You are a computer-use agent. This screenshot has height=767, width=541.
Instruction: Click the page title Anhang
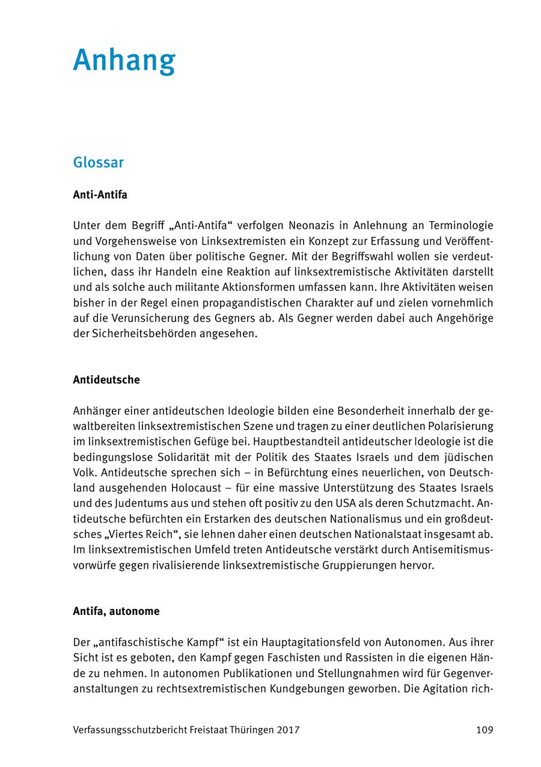point(124,60)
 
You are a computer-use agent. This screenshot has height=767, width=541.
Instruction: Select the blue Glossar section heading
point(98,163)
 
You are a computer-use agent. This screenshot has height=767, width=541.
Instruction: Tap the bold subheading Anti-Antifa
point(100,195)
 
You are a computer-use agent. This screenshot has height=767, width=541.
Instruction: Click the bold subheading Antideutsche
point(106,380)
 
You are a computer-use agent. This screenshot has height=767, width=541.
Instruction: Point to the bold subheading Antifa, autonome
point(116,611)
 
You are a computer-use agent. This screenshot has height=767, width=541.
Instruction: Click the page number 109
point(484,730)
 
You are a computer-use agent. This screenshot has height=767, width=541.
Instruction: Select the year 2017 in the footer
point(289,730)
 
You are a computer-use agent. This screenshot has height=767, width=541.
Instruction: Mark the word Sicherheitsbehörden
point(139,334)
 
